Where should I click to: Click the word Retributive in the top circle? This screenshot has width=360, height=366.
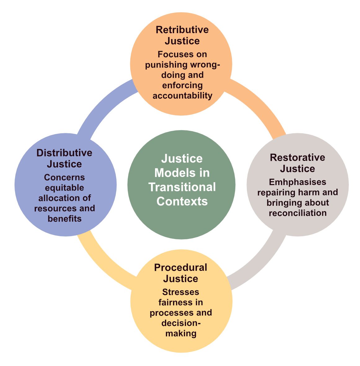(182, 30)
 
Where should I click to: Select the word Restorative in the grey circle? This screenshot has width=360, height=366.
(297, 157)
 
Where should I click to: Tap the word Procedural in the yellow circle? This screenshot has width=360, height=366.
(180, 267)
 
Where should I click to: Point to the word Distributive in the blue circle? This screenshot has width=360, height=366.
(64, 153)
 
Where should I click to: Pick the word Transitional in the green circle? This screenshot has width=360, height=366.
(182, 187)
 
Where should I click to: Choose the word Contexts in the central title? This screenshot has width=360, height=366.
(182, 201)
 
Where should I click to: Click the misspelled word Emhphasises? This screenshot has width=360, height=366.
(298, 182)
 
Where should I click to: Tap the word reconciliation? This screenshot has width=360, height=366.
(298, 213)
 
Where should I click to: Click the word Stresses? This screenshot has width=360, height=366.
(180, 292)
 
